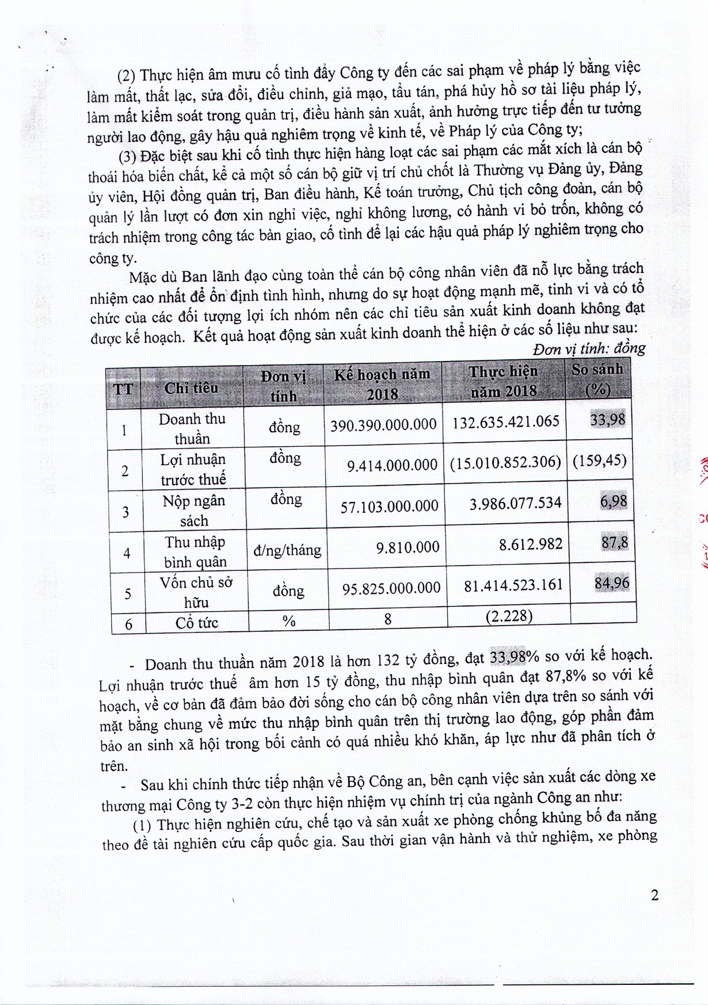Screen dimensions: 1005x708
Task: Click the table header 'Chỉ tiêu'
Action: [x=191, y=388]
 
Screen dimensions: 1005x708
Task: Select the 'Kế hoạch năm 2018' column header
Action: [x=382, y=384]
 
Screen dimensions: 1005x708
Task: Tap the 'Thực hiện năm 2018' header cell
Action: [x=504, y=381]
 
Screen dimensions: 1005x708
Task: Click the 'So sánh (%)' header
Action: [x=597, y=379]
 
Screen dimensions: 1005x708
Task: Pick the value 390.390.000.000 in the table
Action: [x=383, y=425]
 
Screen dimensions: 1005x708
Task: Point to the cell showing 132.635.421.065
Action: [x=505, y=422]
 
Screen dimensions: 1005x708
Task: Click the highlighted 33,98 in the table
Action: [x=607, y=420]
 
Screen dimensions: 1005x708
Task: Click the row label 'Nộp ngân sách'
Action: [x=194, y=511]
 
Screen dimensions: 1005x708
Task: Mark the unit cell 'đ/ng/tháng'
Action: [x=287, y=550]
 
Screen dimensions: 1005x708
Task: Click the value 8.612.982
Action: [x=531, y=544]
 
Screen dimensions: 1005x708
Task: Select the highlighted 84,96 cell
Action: [x=612, y=583]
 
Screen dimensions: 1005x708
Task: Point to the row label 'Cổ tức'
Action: [x=197, y=623]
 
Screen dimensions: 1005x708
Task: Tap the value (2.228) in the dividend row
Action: [x=509, y=616]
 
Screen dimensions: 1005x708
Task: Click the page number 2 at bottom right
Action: [x=654, y=895]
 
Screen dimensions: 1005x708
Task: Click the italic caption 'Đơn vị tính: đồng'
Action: [x=589, y=348]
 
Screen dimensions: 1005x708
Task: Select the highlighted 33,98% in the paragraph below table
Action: [x=514, y=656]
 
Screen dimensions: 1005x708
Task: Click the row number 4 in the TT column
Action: [x=127, y=553]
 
